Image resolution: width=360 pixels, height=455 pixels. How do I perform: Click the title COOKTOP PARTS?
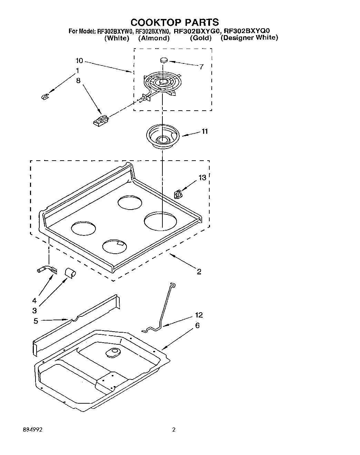coord(174,22)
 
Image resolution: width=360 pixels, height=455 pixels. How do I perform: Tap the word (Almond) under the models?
coord(154,38)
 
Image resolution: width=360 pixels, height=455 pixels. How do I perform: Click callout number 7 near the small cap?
coord(201,67)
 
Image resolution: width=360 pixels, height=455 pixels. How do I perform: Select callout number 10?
coord(79,61)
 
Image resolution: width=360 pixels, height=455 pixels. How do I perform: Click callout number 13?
coord(202,178)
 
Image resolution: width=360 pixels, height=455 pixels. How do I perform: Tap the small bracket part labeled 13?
coord(178,195)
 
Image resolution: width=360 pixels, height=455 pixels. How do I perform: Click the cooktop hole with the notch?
coord(114,246)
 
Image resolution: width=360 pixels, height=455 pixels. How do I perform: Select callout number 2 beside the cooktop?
coord(199,272)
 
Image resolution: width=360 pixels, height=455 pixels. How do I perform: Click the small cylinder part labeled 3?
coord(70,273)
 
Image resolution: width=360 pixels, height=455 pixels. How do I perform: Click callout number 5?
coord(36,321)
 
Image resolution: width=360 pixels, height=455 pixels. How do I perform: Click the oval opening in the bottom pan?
coord(112,352)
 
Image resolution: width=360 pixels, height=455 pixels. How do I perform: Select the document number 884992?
coord(33,430)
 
